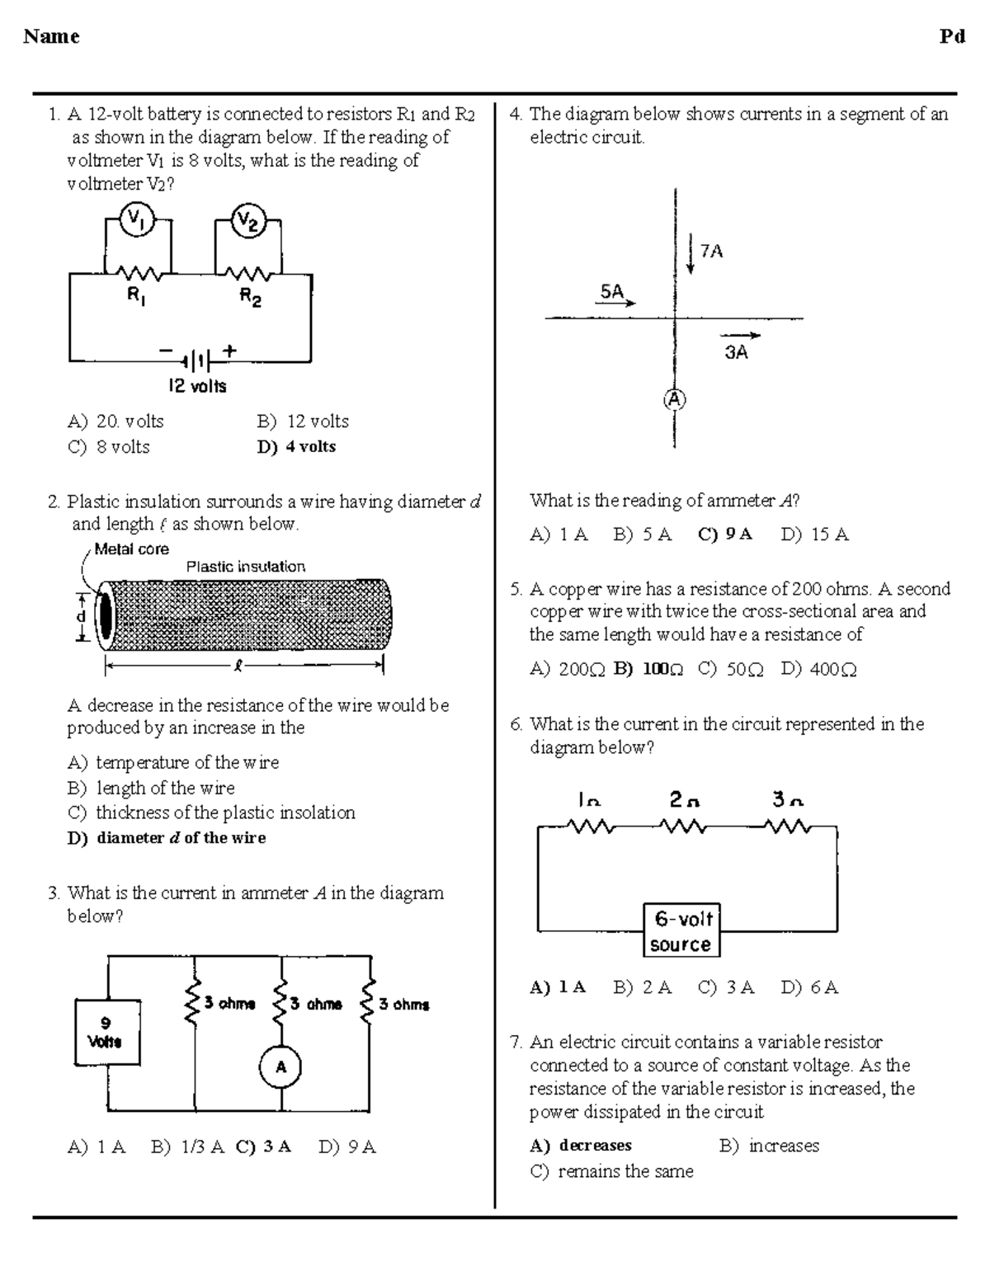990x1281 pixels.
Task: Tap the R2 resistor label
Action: [250, 297]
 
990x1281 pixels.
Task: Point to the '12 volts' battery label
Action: [197, 385]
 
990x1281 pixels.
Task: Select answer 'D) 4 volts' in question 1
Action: [296, 446]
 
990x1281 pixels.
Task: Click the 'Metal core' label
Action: [131, 549]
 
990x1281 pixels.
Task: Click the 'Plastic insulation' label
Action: [245, 567]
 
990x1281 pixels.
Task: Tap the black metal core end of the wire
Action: [106, 615]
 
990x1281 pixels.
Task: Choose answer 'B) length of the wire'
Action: [151, 788]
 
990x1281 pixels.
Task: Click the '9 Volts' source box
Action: [106, 1032]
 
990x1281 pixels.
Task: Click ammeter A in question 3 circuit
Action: [280, 1067]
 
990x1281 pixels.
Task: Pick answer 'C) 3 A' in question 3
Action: [263, 1147]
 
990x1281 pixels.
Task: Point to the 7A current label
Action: [711, 251]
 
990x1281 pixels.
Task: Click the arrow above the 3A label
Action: [740, 336]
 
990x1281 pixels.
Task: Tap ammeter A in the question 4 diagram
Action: [675, 399]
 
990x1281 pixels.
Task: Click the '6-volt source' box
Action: [681, 930]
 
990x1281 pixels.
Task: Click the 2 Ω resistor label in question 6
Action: [684, 799]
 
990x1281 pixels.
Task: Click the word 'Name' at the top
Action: [51, 36]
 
